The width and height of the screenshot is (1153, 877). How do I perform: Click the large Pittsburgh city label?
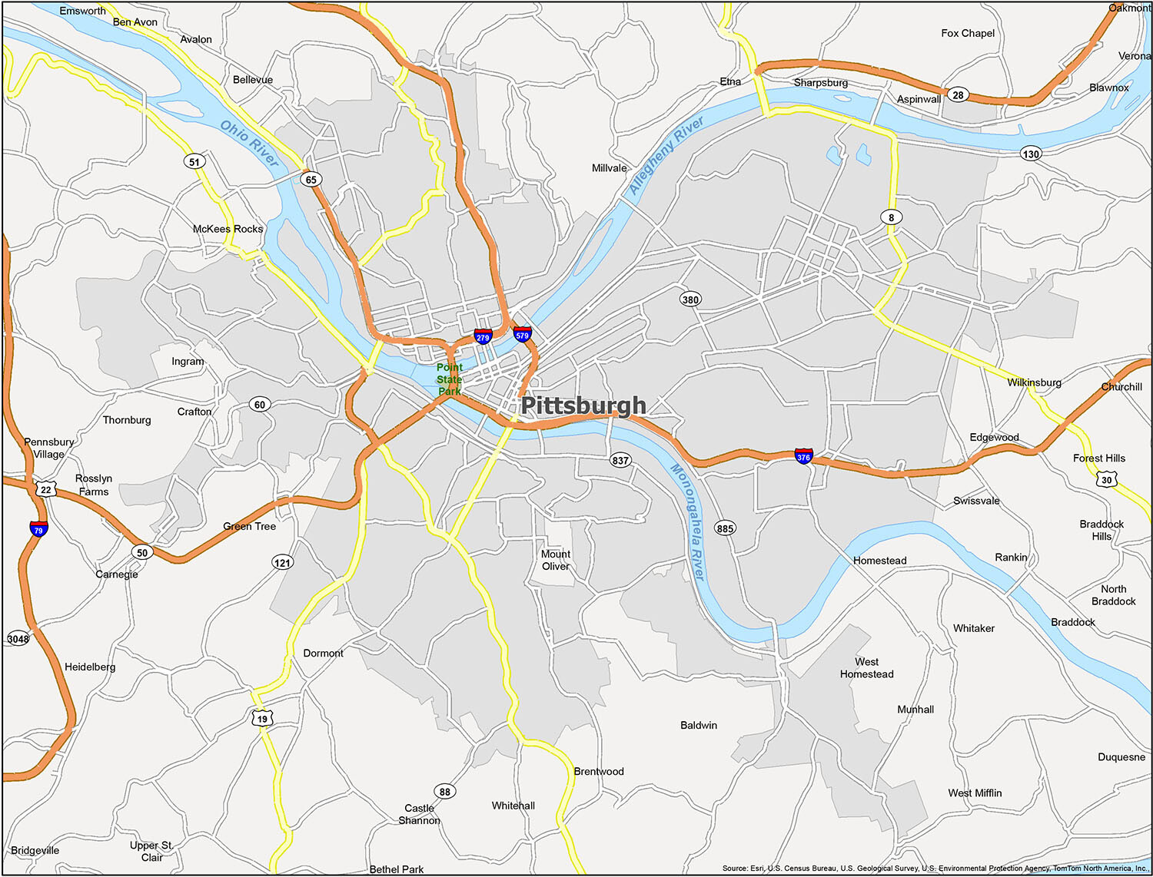(583, 405)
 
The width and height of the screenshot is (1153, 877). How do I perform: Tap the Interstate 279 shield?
(483, 336)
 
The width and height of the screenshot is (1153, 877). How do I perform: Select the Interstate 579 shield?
(523, 334)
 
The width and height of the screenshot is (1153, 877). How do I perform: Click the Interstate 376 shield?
(803, 456)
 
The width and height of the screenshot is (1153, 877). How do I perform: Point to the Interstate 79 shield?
(38, 529)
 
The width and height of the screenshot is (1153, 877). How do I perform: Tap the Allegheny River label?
(666, 156)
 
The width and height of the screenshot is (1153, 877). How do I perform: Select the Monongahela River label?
(687, 521)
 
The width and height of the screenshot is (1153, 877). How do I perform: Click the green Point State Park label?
(450, 379)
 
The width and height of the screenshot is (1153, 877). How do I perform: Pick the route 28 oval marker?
(958, 95)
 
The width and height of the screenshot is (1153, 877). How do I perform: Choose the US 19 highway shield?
(262, 719)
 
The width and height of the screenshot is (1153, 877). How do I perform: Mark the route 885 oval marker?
(725, 528)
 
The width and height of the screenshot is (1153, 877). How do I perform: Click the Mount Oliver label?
(556, 560)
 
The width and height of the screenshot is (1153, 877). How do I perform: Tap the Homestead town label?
(879, 561)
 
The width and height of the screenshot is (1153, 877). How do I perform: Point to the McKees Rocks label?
(228, 229)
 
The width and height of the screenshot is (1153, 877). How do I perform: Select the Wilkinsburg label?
(1034, 382)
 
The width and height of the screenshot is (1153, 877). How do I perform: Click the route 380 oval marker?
(690, 300)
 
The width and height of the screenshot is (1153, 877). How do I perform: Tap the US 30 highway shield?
(1106, 479)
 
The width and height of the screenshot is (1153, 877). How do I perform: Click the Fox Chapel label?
(968, 33)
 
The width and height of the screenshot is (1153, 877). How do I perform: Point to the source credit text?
(935, 869)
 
